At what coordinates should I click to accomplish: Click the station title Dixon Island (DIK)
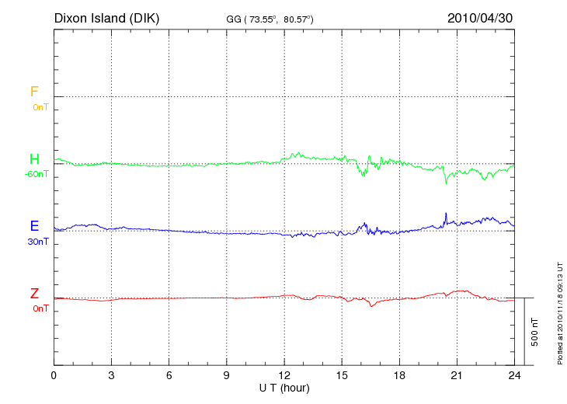point(106,18)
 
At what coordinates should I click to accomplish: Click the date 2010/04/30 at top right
point(480,18)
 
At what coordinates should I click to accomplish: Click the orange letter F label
point(34,92)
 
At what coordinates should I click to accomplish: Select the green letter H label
point(34,159)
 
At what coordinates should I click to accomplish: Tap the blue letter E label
point(34,226)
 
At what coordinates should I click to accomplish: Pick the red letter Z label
point(34,294)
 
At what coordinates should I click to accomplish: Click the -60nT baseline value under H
point(36,174)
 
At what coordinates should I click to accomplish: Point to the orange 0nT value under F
point(40,107)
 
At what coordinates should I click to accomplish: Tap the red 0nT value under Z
point(40,308)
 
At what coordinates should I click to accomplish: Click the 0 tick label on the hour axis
point(54,375)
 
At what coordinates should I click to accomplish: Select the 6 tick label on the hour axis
point(169,375)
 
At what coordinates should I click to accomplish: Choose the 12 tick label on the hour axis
point(284,375)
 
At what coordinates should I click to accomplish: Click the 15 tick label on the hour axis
point(342,375)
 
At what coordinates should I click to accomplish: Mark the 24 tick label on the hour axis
point(514,375)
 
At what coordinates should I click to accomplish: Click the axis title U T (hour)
point(284,387)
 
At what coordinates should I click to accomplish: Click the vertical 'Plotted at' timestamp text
point(559,311)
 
